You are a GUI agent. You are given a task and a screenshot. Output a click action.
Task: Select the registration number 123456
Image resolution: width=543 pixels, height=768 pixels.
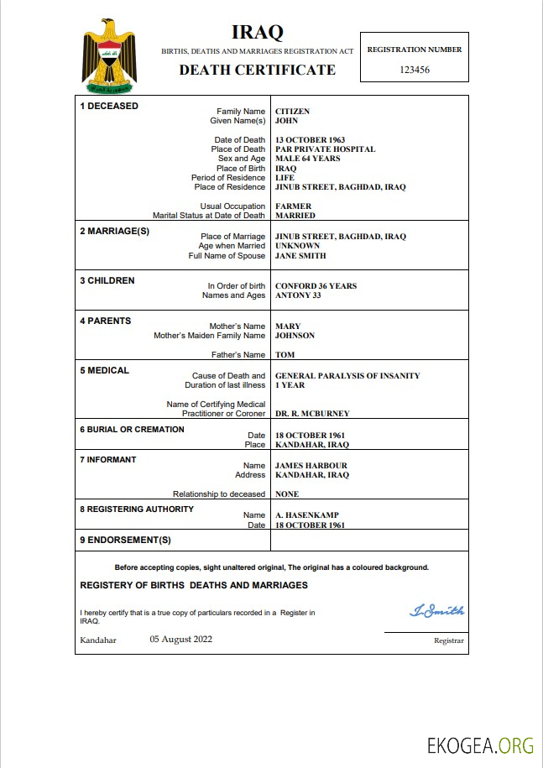click(414, 70)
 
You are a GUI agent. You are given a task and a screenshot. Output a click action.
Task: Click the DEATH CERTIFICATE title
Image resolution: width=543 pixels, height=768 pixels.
click(257, 70)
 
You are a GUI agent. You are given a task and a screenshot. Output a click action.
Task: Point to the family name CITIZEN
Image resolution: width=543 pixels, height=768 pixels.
click(292, 111)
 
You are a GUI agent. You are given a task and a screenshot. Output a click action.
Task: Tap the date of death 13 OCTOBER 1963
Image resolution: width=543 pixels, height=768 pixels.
click(310, 140)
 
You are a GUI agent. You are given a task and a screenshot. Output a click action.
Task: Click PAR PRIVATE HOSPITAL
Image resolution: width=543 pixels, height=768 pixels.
click(325, 149)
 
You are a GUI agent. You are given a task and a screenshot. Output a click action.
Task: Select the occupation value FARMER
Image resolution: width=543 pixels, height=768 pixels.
click(293, 206)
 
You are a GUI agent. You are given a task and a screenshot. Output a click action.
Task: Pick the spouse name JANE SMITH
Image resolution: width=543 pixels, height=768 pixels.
click(300, 255)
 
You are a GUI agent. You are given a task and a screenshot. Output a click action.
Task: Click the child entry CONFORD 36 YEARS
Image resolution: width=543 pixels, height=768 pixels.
click(316, 286)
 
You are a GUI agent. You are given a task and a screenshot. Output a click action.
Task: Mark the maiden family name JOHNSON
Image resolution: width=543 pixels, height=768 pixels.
click(295, 336)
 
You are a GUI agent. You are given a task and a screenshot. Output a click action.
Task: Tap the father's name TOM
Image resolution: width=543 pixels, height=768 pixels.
click(285, 355)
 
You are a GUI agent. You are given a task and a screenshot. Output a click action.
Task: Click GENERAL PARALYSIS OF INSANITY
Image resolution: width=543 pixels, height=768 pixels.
click(347, 376)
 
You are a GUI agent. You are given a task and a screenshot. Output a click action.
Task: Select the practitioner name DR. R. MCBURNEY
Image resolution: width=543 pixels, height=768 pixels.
click(312, 414)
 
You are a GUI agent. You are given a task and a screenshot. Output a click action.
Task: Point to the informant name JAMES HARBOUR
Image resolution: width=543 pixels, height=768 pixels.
click(311, 466)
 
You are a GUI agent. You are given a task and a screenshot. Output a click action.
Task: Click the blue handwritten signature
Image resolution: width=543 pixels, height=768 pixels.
click(436, 611)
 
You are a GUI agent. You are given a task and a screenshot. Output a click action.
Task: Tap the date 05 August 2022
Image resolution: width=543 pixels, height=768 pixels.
click(180, 639)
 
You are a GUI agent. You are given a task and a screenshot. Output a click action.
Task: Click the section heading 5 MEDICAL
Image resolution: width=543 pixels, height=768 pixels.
click(104, 370)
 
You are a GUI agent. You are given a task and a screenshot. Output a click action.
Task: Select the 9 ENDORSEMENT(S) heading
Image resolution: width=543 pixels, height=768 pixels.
click(125, 540)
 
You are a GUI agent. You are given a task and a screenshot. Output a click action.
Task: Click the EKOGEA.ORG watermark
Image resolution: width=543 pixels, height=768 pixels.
click(481, 744)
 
